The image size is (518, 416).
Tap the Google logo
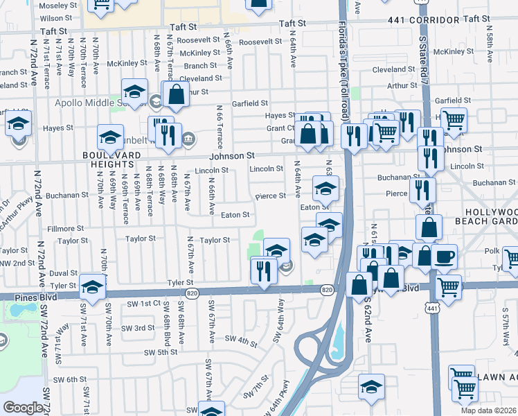pyautogui.click(x=23, y=408)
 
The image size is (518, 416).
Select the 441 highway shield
pyautogui.click(x=433, y=307)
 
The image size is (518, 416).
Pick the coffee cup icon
pyautogui.click(x=444, y=257)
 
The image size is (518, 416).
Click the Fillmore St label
pyautogui.click(x=64, y=228)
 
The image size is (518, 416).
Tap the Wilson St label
pyautogui.click(x=55, y=18)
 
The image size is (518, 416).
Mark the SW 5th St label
pyautogui.click(x=161, y=352)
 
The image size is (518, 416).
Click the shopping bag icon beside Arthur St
pyautogui.click(x=176, y=95)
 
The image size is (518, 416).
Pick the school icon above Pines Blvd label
pyautogui.click(x=93, y=285)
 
